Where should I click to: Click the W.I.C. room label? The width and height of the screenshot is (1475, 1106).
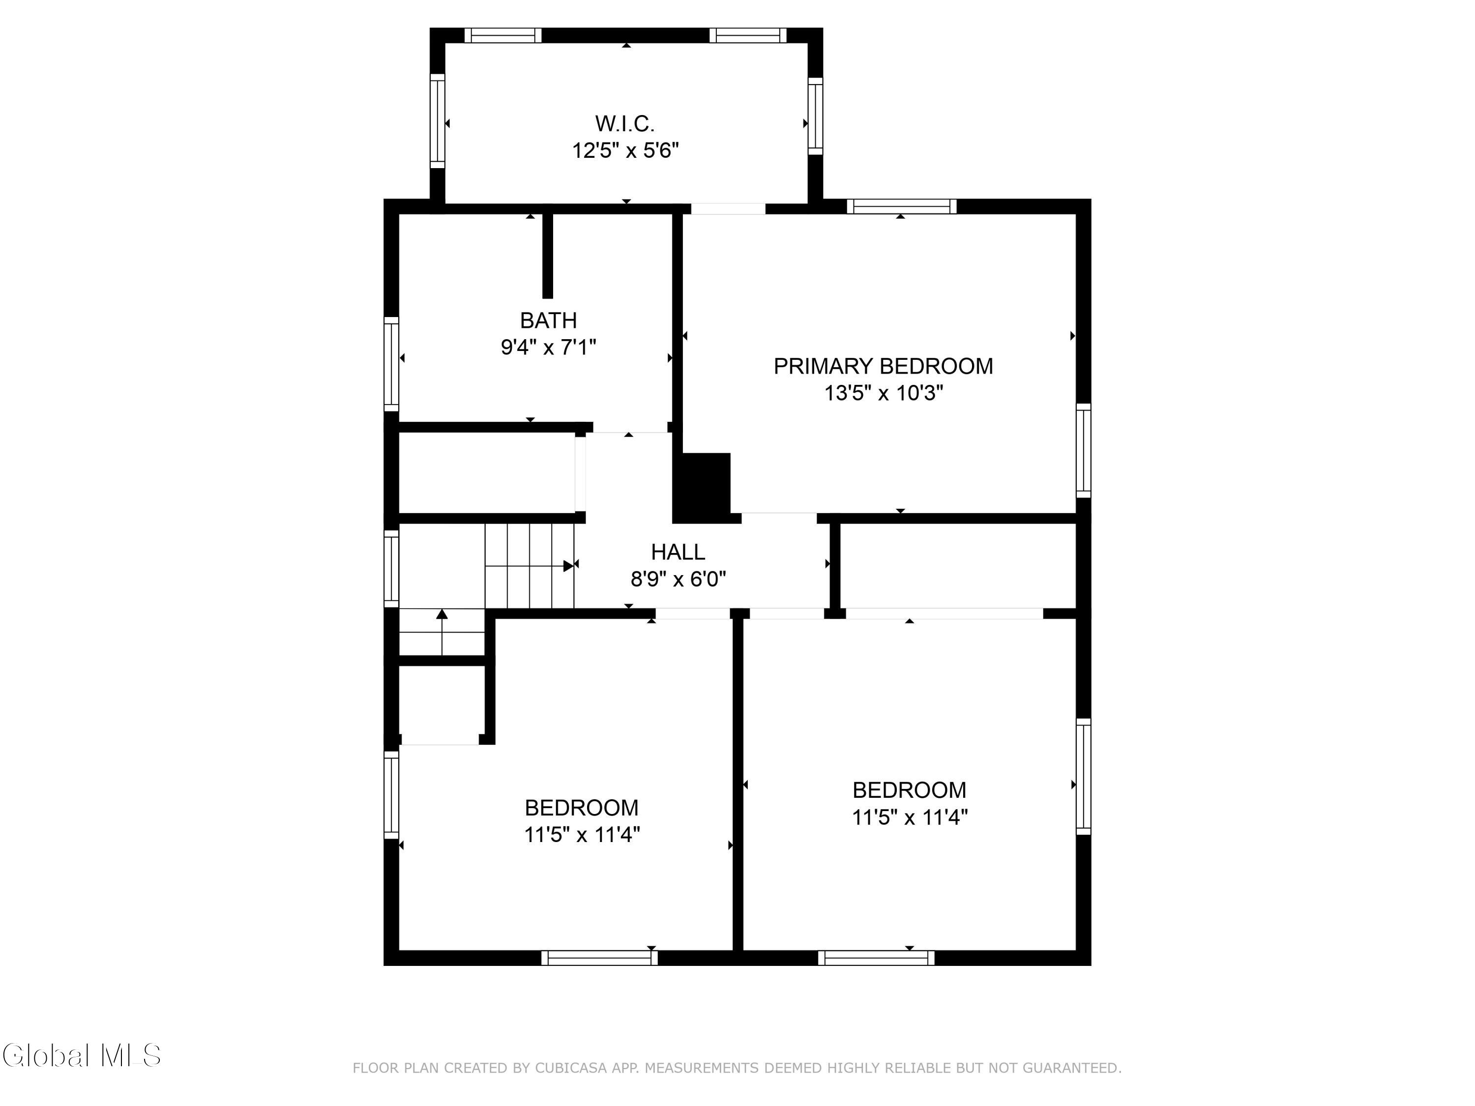tap(625, 124)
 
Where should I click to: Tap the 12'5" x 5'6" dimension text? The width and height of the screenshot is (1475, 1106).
tap(625, 151)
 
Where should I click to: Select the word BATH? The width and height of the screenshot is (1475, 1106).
tap(548, 320)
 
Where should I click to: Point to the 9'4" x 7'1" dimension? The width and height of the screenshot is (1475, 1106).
tap(548, 348)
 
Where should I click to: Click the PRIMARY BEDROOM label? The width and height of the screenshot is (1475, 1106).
tap(883, 366)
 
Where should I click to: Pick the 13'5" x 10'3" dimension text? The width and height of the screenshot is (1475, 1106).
tap(884, 393)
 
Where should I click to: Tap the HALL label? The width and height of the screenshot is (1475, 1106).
tap(678, 552)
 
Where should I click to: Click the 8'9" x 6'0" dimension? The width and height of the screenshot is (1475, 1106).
tap(678, 579)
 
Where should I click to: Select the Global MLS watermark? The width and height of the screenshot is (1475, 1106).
tap(81, 1055)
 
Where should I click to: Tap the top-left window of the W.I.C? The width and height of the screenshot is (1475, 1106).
tap(503, 35)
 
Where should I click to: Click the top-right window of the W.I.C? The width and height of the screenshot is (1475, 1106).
tap(747, 35)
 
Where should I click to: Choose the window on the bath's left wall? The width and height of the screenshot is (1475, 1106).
tap(391, 364)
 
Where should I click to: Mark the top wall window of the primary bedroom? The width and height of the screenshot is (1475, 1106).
tap(902, 206)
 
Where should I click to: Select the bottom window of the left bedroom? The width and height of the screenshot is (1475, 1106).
tap(599, 958)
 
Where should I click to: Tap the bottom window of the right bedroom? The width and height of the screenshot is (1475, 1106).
tap(876, 958)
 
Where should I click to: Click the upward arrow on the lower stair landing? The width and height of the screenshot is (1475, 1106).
tap(442, 632)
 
